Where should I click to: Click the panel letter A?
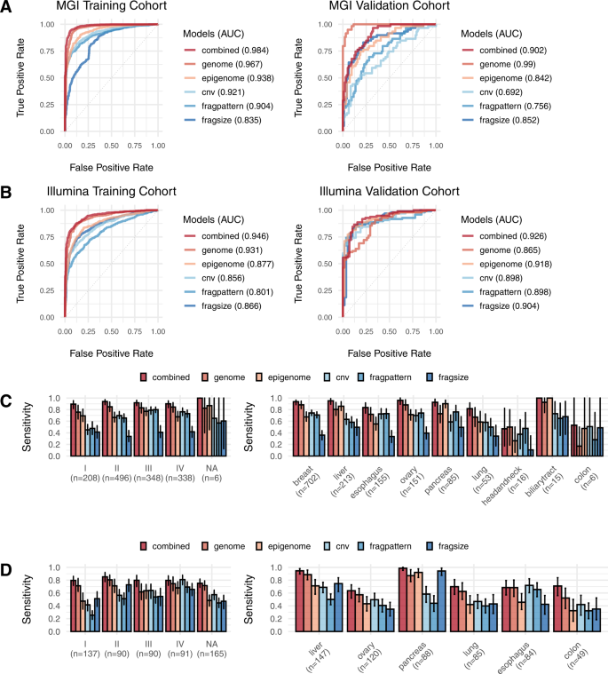click(8, 9)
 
